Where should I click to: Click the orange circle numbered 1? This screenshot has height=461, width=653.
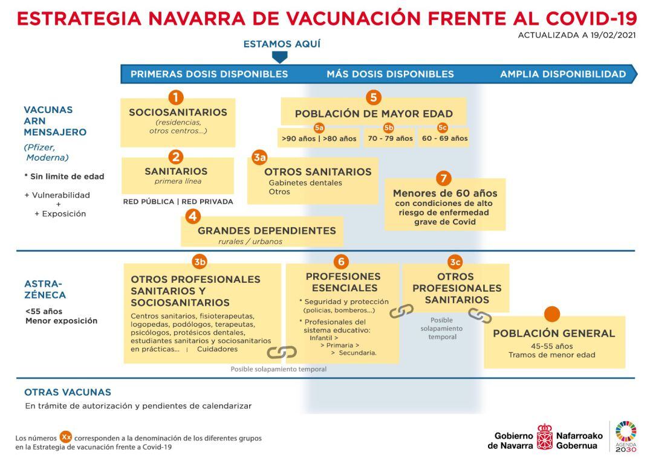tap(175, 97)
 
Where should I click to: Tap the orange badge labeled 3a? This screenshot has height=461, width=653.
tap(259, 158)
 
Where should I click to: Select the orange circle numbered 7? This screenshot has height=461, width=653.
tap(444, 178)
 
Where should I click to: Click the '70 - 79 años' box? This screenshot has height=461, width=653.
tap(390, 138)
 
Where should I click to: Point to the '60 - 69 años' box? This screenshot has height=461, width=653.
tap(444, 138)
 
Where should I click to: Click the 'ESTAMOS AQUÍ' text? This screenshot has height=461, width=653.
tap(282, 44)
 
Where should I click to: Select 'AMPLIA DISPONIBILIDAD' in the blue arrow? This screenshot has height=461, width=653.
tap(562, 74)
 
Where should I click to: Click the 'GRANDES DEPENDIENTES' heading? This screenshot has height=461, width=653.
tap(267, 230)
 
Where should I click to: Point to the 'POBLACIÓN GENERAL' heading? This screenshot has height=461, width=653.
tap(554, 333)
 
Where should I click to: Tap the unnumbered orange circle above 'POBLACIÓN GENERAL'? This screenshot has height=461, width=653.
tap(552, 314)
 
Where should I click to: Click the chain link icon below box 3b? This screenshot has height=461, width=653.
tap(282, 352)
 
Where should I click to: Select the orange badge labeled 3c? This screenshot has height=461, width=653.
tap(455, 262)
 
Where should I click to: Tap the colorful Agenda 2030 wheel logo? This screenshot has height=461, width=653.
tap(626, 431)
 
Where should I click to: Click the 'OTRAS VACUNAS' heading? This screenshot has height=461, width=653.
tap(68, 392)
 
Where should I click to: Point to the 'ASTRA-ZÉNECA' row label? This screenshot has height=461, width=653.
tap(45, 289)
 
